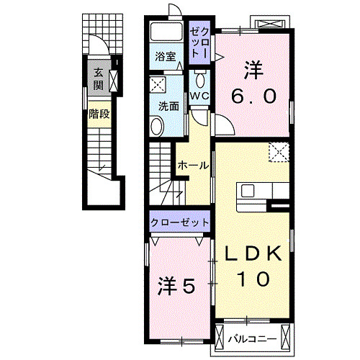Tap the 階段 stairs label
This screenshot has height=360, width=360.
click(x=99, y=114)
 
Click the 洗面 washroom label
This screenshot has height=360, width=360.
click(x=168, y=104)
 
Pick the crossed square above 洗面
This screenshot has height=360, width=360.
click(x=158, y=84)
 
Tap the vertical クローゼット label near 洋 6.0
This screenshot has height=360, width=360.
click(x=198, y=44)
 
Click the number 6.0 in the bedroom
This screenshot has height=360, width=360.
click(x=253, y=96)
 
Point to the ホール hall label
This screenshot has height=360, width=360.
click(x=193, y=165)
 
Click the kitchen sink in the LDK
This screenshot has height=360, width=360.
click(x=248, y=191)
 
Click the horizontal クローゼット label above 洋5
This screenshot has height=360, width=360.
click(x=180, y=222)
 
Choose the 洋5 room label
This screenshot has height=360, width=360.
click(x=176, y=287)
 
